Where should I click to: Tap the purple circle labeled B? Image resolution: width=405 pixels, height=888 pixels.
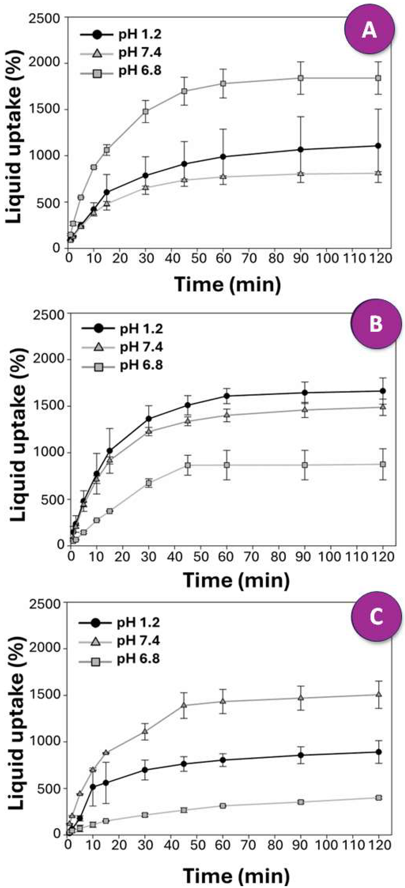click(376, 325)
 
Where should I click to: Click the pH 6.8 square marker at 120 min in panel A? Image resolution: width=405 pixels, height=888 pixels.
click(378, 78)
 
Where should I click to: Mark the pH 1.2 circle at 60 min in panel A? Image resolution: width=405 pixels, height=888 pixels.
click(223, 157)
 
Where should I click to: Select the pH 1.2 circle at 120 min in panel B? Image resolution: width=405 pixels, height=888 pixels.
click(383, 391)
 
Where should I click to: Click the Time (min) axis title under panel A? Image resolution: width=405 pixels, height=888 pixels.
click(228, 285)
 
